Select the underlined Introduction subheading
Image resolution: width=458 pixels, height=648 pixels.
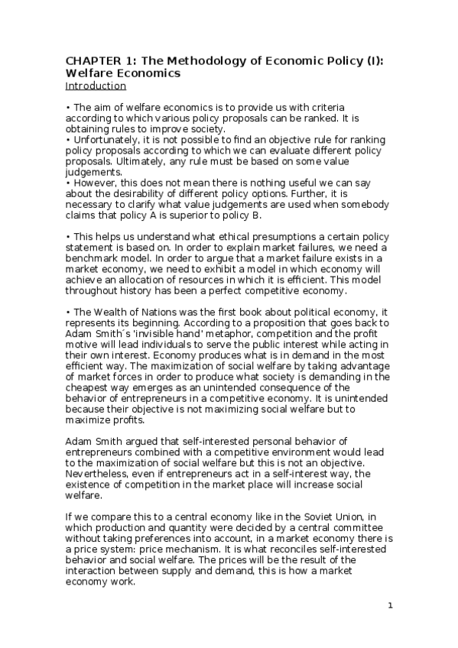[96, 86]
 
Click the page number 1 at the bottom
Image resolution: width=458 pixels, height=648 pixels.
[390, 606]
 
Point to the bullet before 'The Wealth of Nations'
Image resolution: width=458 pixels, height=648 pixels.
[67, 311]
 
